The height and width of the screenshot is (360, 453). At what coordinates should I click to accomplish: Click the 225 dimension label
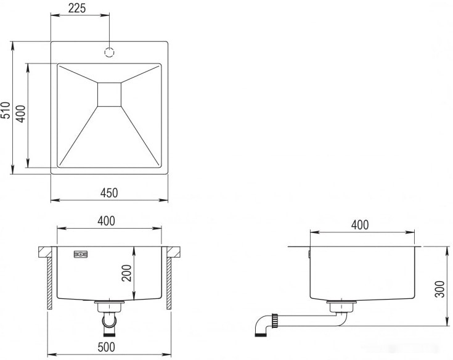[76, 8]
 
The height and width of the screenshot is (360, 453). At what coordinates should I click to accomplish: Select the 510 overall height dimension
[6, 110]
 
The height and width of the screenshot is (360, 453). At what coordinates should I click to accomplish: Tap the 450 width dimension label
[108, 193]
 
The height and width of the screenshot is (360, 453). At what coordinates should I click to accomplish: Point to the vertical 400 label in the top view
[20, 114]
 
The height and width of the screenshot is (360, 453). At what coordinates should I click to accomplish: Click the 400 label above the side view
[360, 225]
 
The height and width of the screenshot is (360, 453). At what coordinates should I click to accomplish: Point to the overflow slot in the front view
[81, 254]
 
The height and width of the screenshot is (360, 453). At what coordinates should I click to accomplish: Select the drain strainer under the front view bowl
[110, 305]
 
